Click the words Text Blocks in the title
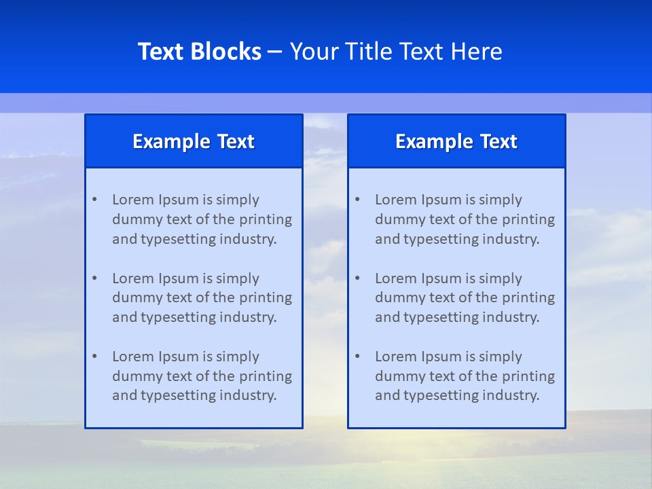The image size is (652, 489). click(x=200, y=52)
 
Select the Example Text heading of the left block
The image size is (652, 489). click(x=194, y=141)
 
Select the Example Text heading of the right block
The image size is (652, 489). click(x=456, y=141)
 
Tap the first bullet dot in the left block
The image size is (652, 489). click(x=94, y=200)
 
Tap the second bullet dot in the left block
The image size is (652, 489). click(x=94, y=278)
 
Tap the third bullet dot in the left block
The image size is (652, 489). click(x=94, y=357)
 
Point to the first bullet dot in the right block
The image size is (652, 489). click(x=357, y=200)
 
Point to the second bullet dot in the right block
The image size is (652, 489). click(x=357, y=278)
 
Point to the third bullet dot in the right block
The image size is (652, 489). click(x=357, y=357)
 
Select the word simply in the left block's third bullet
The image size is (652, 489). click(x=238, y=357)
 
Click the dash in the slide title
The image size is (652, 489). click(x=275, y=52)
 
